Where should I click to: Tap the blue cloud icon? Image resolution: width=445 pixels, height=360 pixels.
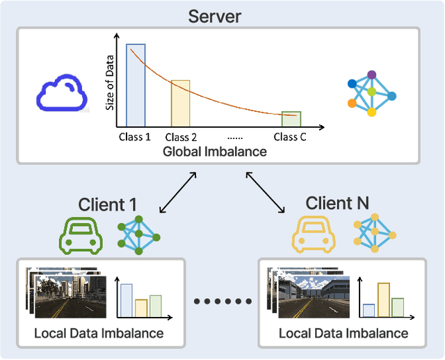63,96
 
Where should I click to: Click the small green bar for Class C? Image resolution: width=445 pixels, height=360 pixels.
291,119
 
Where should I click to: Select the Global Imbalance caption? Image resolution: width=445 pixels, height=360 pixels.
214,151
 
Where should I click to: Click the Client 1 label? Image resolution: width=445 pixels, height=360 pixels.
107,204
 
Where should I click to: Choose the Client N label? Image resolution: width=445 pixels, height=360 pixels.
337,203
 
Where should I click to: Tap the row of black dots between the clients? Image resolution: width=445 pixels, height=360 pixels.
222,302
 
